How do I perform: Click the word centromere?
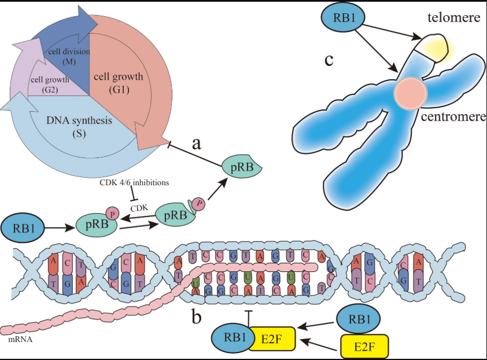pyautogui.click(x=453, y=118)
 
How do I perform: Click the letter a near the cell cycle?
pyautogui.click(x=196, y=143)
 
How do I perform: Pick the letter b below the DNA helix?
pyautogui.click(x=196, y=317)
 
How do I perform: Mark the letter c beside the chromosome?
pyautogui.click(x=329, y=60)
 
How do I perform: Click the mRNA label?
pyautogui.click(x=20, y=340)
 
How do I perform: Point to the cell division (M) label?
pyautogui.click(x=69, y=56)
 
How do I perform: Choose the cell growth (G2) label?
pyautogui.click(x=51, y=84)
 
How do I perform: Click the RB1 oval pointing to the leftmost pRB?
pyautogui.click(x=23, y=228)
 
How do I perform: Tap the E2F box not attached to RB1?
pyautogui.click(x=364, y=346)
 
